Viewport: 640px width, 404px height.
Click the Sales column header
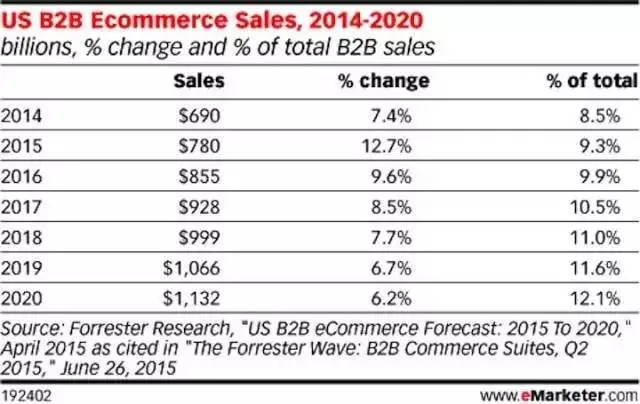[199, 81]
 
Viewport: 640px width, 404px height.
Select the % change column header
[384, 81]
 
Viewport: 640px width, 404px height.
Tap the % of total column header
[592, 81]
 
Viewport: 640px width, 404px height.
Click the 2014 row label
[21, 116]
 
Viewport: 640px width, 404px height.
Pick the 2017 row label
[21, 207]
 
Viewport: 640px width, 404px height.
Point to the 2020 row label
[21, 298]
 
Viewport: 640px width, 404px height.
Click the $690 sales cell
[199, 116]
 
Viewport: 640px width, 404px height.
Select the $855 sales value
[199, 177]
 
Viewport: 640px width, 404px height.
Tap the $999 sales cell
[199, 238]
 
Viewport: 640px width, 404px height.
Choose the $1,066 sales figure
[191, 268]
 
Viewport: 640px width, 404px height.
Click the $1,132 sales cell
[191, 298]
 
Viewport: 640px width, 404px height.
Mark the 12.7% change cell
[387, 146]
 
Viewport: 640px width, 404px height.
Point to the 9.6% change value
[391, 177]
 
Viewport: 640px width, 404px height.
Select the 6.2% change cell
[391, 298]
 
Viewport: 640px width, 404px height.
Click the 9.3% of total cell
[600, 146]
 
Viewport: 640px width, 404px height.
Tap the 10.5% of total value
[595, 207]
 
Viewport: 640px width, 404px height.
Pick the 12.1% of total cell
[595, 298]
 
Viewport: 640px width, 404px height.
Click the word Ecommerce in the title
[159, 20]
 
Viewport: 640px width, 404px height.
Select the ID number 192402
[26, 396]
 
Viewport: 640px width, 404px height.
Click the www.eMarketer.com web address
[559, 395]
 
